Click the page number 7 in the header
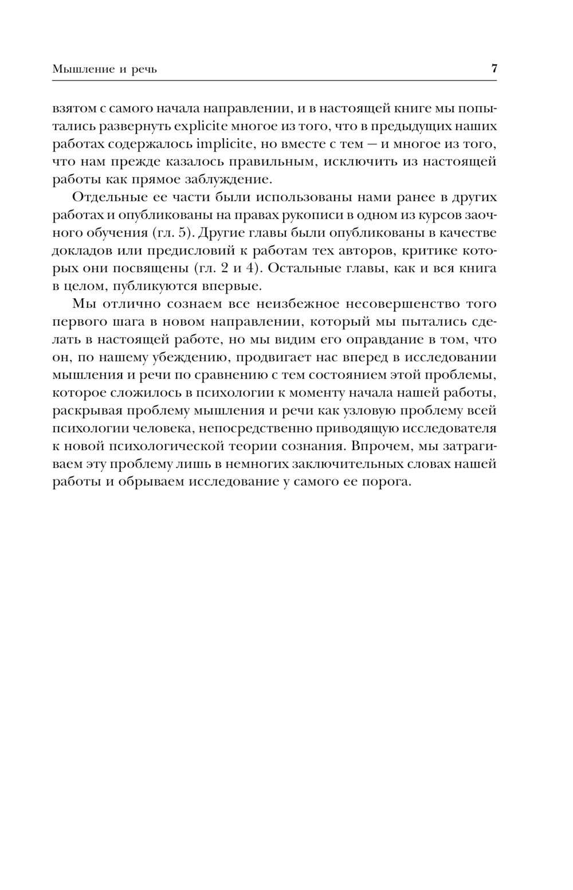tap(494, 69)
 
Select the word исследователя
tap(444, 428)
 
